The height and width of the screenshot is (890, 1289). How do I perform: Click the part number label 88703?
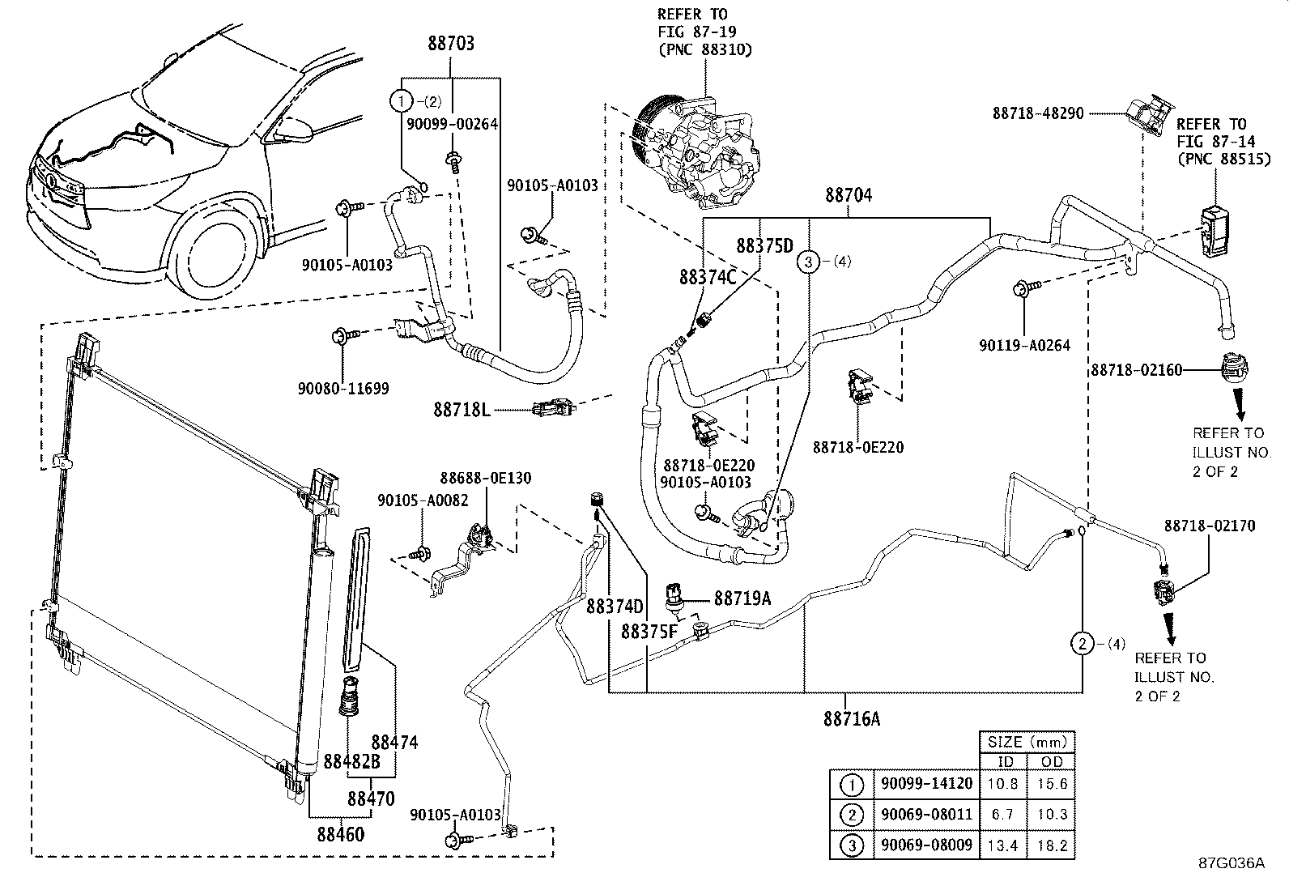(x=451, y=45)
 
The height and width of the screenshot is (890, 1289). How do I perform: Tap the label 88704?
(x=849, y=196)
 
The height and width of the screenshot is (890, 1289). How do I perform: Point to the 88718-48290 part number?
(x=1038, y=114)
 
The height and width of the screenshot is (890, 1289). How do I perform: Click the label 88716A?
(x=851, y=718)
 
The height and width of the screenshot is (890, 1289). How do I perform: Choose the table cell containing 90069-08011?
(x=925, y=814)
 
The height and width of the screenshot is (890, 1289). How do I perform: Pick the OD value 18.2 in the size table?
(x=1052, y=845)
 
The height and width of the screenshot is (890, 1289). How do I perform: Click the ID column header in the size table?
(x=1005, y=762)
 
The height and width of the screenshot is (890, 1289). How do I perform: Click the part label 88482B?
(x=351, y=762)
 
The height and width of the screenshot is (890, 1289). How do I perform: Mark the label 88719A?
(x=742, y=598)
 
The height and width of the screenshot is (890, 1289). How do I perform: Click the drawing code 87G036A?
(x=1232, y=863)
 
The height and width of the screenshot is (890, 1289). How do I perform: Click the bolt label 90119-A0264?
(x=1024, y=345)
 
